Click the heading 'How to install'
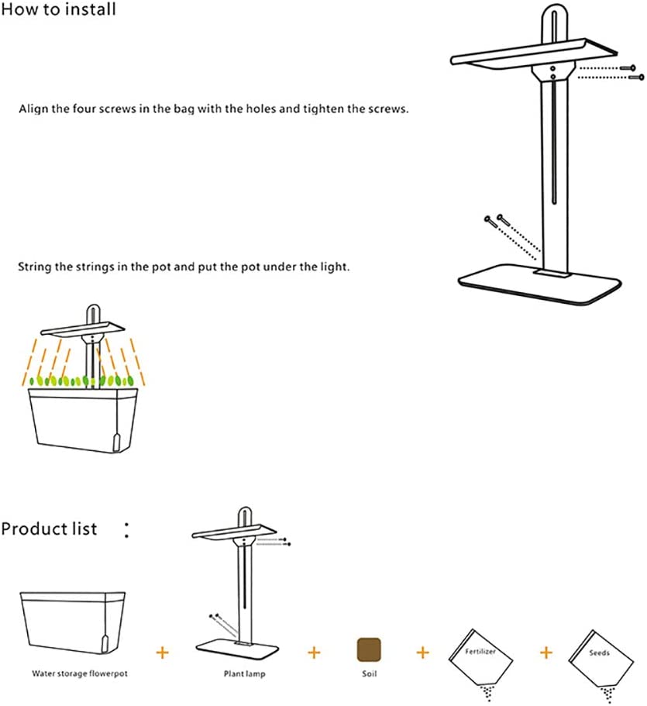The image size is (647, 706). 59,9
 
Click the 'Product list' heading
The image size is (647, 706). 49,529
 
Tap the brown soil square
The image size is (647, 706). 369,649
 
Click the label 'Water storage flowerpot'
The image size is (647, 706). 80,673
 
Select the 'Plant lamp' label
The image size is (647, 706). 245,674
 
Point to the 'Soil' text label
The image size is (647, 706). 369,673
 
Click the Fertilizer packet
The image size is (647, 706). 481,660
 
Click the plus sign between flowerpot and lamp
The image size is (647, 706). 163,653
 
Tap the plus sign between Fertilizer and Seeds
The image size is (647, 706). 546,653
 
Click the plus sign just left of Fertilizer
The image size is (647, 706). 423,653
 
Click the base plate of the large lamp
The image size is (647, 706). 540,284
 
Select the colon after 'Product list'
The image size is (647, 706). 127,530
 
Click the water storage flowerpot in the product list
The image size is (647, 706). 73,624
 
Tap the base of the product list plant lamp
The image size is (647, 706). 237,649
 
